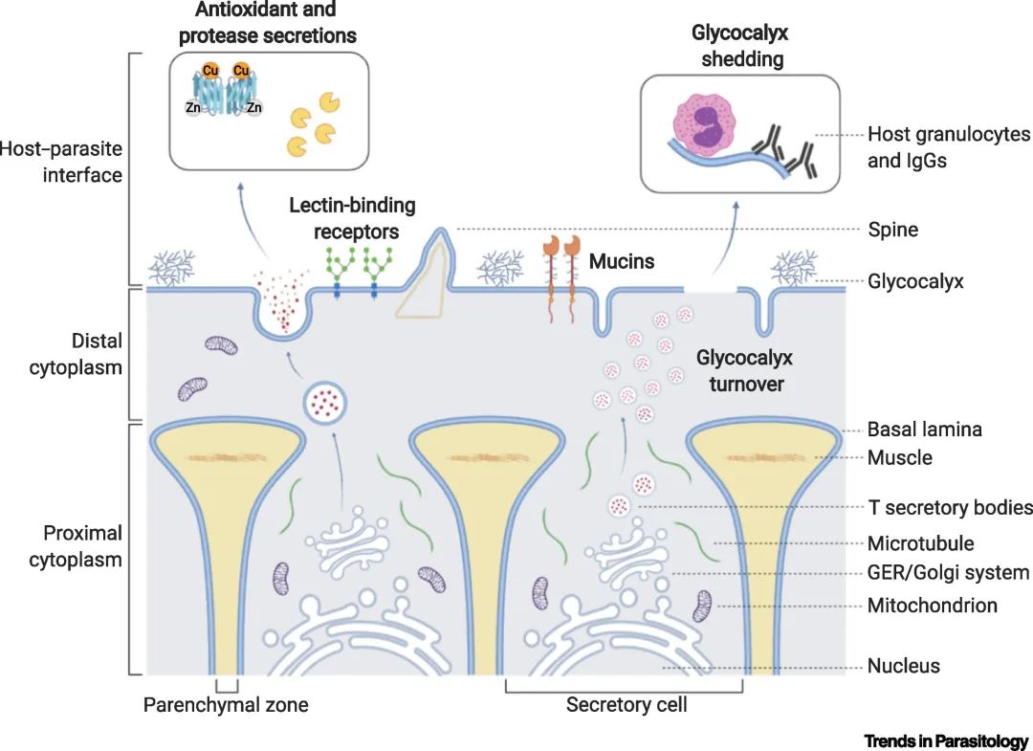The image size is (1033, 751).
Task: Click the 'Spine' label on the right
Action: point(892,230)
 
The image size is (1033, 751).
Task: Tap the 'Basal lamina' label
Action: point(924,430)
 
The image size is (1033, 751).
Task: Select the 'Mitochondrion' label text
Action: point(932,606)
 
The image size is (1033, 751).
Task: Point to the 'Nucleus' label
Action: point(903,666)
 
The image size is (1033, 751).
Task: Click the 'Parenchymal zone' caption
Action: point(226,706)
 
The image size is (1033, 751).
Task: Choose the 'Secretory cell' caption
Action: point(626,706)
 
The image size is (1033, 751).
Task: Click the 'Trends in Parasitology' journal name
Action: point(946,740)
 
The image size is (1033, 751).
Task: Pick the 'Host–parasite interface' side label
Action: point(61,162)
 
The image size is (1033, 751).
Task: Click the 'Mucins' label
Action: point(622,260)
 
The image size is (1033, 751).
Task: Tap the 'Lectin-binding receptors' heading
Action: point(352,218)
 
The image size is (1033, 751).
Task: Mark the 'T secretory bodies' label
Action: point(950,507)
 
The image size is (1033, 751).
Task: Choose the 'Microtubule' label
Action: point(920,543)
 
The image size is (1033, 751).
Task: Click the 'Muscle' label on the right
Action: point(899,457)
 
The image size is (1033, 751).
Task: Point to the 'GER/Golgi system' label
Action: point(948,573)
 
